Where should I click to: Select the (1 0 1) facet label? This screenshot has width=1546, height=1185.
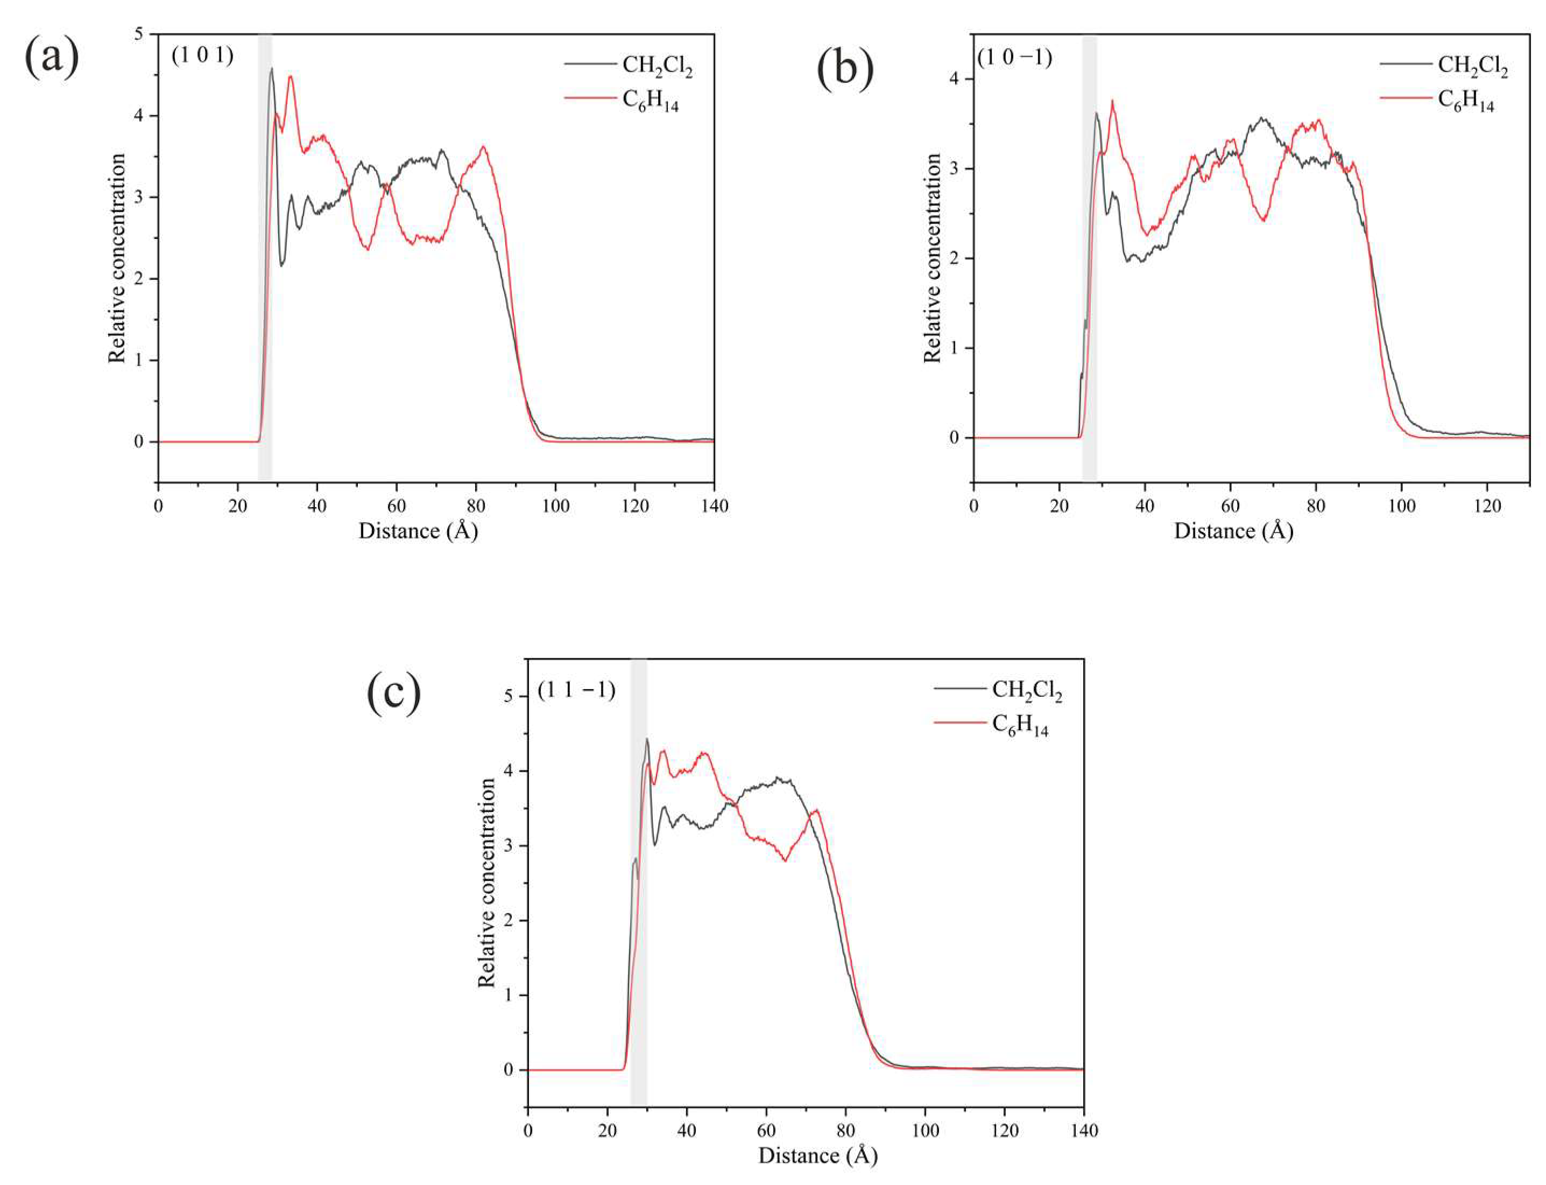tap(202, 55)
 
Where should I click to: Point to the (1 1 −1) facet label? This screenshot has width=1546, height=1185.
tap(576, 690)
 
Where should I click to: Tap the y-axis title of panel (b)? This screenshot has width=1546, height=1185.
tap(932, 259)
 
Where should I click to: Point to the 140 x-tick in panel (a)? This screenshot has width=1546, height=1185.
tap(714, 506)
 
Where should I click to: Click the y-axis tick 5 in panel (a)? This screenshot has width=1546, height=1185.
tap(139, 34)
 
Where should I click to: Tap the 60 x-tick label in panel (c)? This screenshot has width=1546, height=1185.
tap(766, 1131)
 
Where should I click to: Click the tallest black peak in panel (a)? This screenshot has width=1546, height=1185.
tap(271, 68)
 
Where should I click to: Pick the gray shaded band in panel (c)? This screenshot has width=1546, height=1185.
tap(639, 882)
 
